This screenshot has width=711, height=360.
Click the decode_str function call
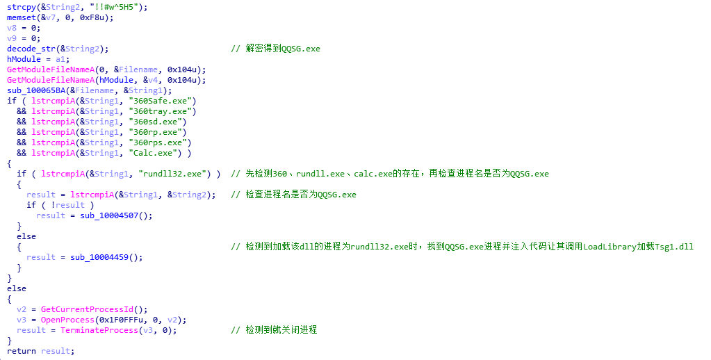pyautogui.click(x=31, y=49)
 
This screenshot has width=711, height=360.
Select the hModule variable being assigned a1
pyautogui.click(x=22, y=59)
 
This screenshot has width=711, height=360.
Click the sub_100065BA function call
pyautogui.click(x=36, y=90)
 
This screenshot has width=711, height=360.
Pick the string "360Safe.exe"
pyautogui.click(x=163, y=101)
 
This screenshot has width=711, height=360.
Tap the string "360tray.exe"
pyautogui.click(x=163, y=111)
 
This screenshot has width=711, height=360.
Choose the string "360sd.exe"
pyautogui.click(x=157, y=122)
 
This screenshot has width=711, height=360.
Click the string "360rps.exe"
pyautogui.click(x=160, y=143)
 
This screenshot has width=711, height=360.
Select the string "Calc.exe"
pyautogui.click(x=155, y=154)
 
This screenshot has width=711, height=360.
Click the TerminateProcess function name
pyautogui.click(x=99, y=331)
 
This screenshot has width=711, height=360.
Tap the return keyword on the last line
pyautogui.click(x=22, y=352)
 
